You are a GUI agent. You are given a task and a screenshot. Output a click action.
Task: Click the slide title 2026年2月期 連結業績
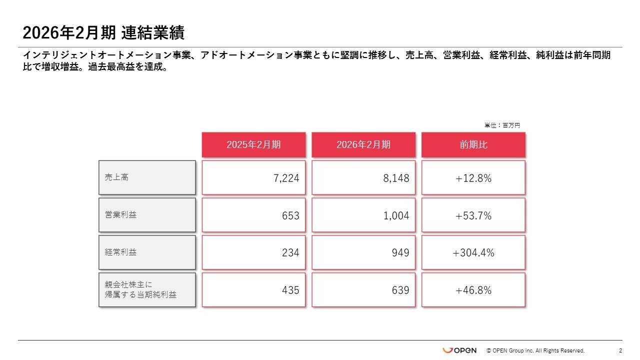click(x=103, y=33)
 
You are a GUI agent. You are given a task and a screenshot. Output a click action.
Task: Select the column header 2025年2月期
click(x=253, y=145)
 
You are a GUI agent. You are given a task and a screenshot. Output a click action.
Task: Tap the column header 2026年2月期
click(x=363, y=145)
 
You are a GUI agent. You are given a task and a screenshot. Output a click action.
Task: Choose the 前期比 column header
click(x=473, y=145)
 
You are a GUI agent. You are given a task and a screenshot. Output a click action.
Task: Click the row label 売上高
click(x=147, y=177)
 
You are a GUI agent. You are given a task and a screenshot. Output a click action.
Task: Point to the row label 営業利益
click(x=147, y=215)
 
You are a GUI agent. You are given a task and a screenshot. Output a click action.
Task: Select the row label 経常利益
click(x=147, y=252)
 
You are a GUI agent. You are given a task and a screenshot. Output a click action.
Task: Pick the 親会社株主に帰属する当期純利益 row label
click(x=147, y=290)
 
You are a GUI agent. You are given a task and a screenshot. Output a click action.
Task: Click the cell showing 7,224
click(x=253, y=178)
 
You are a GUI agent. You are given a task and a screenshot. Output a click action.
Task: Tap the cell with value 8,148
click(x=363, y=178)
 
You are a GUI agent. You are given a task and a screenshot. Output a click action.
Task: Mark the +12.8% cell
click(x=473, y=178)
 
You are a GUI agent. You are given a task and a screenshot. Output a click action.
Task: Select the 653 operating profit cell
click(x=253, y=215)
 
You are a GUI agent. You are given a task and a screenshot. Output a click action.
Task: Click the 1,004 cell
click(x=363, y=215)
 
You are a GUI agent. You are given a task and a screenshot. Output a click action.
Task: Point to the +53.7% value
click(x=473, y=215)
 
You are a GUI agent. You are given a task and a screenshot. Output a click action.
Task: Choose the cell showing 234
click(x=253, y=253)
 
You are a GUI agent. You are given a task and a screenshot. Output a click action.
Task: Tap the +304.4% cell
click(x=473, y=253)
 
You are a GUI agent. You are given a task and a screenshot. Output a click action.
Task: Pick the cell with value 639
click(x=363, y=290)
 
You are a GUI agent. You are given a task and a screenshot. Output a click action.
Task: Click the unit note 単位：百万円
click(x=502, y=125)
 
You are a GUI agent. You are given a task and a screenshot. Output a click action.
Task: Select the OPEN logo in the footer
click(x=459, y=350)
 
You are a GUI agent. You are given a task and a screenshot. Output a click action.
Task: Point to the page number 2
click(x=620, y=350)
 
